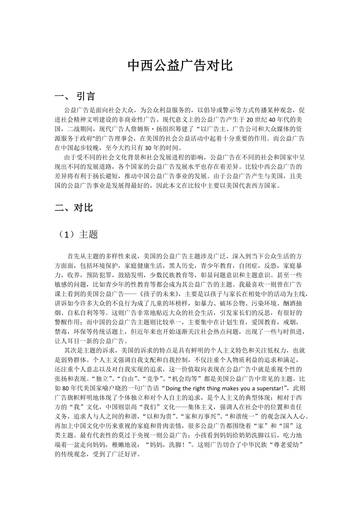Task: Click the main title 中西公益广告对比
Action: pyautogui.click(x=180, y=66)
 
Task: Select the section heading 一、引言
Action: pyautogui.click(x=75, y=96)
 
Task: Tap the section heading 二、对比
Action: pyautogui.click(x=74, y=208)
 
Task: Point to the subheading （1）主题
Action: pyautogui.click(x=77, y=234)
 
